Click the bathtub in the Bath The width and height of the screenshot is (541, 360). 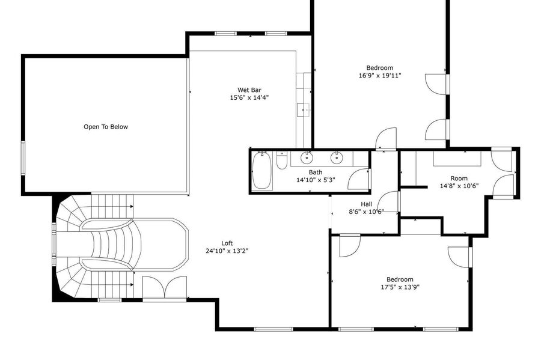click(261, 171)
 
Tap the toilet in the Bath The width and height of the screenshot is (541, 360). click(281, 161)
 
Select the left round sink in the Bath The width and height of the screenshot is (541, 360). click(307, 157)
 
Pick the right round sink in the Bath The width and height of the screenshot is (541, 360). click(337, 157)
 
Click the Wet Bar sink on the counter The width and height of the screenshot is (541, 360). click(304, 110)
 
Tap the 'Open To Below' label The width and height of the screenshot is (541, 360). click(106, 127)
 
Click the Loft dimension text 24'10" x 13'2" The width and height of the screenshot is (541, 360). click(227, 251)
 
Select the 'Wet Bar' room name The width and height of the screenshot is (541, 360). click(249, 90)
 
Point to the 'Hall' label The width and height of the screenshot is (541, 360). click(367, 204)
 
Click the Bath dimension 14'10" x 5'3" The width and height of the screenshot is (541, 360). click(316, 180)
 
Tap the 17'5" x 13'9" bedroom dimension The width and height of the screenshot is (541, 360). click(400, 287)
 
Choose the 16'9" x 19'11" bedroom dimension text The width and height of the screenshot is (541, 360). click(380, 75)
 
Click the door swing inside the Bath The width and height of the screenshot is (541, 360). click(358, 179)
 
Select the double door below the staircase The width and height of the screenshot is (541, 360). click(165, 287)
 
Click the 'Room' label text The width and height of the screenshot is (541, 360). click(459, 178)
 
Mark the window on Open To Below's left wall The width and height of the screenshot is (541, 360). click(23, 158)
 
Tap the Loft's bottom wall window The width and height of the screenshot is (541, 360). click(274, 329)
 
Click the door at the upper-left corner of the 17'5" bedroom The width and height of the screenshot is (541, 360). click(350, 246)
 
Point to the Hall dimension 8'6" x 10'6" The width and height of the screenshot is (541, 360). click(367, 212)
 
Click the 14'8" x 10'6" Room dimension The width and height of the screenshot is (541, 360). click(459, 186)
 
